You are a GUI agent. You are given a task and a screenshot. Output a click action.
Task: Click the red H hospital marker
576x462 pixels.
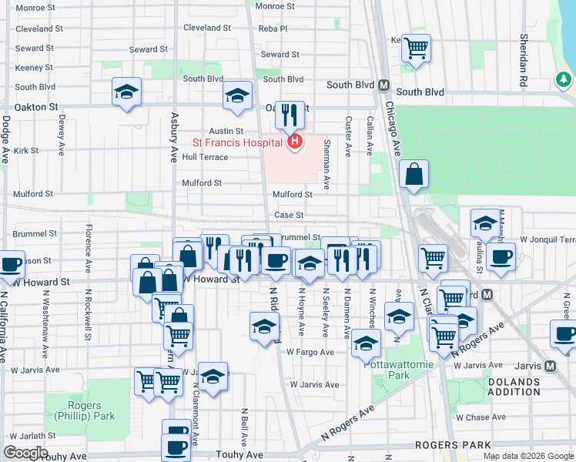pos(294,142)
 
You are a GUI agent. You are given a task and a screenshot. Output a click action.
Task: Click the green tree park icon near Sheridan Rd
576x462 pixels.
pos(564,79)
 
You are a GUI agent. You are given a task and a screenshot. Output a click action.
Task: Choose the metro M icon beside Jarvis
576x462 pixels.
pos(550,366)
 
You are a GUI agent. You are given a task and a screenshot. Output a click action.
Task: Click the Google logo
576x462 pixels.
pos(25,453)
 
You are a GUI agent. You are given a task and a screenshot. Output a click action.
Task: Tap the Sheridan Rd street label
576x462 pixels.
pos(524,58)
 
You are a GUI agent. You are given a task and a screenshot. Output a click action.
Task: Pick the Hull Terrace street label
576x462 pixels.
pos(205,157)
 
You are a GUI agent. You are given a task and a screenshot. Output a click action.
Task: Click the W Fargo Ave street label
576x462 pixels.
pos(310,352)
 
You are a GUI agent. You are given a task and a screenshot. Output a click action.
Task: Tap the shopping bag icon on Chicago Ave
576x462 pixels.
pos(414,176)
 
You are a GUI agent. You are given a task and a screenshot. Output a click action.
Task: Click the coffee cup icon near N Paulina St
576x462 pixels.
pos(501,256)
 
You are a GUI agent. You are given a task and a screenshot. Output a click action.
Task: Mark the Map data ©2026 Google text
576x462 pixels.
pos(528,456)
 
